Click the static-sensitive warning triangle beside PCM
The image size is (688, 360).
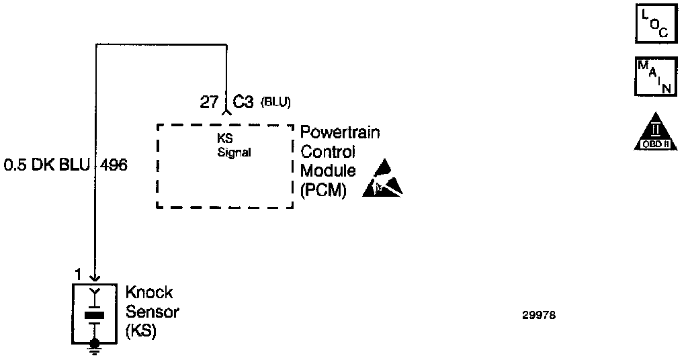382,181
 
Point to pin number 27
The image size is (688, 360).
208,103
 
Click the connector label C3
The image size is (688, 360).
243,103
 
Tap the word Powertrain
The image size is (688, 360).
340,132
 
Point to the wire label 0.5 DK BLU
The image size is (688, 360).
46,165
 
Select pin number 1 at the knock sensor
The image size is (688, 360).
78,274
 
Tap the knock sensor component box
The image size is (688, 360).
95,313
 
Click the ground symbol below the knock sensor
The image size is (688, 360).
95,346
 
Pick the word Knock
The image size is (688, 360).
149,293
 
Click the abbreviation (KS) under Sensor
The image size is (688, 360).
141,331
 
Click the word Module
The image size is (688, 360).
328,171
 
